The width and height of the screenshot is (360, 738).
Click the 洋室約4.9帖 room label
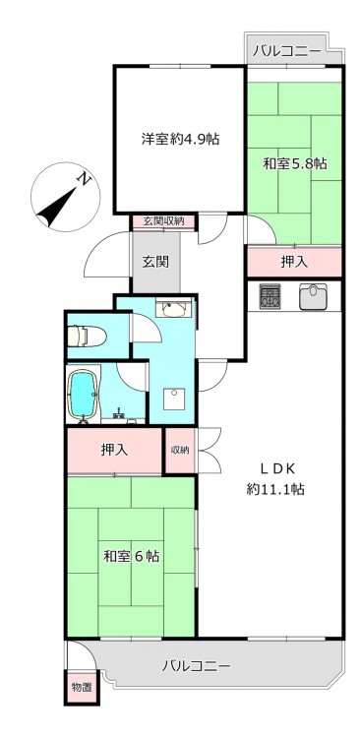point(181,139)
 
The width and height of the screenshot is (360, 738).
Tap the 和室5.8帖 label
point(294,163)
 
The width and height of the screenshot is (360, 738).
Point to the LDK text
point(277,468)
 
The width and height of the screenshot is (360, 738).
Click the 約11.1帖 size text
point(275,489)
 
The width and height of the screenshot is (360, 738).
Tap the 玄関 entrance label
point(155,261)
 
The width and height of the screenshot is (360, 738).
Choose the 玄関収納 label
point(162,220)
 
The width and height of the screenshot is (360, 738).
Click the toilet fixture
point(88,337)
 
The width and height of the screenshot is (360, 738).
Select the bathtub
point(83,393)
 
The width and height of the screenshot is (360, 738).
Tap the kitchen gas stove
point(270,295)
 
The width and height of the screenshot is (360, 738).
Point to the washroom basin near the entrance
point(174,309)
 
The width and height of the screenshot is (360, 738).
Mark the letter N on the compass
point(85,178)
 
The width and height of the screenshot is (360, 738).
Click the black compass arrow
point(57,206)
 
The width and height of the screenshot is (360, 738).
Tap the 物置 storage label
point(82,688)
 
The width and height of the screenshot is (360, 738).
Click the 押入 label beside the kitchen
point(294,263)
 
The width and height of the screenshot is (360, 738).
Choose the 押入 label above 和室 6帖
point(114,451)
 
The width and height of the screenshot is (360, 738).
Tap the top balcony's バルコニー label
point(286,51)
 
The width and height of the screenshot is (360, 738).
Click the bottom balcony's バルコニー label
point(197,666)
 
